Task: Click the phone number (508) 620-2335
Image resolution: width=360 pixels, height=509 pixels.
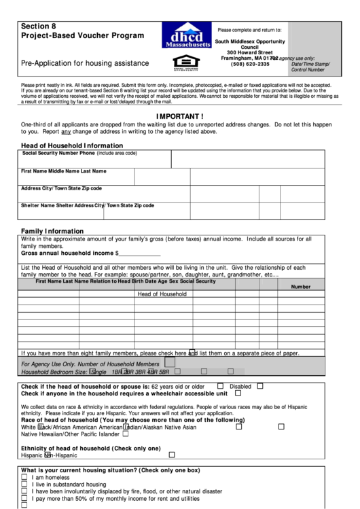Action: [x=250, y=64]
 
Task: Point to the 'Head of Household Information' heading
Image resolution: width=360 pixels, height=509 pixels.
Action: [x=71, y=145]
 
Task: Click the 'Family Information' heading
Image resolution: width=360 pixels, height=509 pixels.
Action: [x=52, y=230]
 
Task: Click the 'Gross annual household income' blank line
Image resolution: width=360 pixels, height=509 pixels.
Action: [x=140, y=253]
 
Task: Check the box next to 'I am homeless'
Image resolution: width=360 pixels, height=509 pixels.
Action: [x=24, y=478]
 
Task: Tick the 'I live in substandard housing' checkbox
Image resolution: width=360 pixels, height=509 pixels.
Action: [x=24, y=485]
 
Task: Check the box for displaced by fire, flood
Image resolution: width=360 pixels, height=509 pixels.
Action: [x=24, y=491]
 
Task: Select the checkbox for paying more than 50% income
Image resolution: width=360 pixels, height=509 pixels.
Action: [x=24, y=498]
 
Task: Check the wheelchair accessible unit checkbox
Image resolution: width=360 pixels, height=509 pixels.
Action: [x=238, y=393]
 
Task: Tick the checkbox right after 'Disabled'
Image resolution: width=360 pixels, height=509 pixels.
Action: [x=260, y=385]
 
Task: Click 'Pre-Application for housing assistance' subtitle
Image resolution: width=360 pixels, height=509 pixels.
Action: [x=85, y=63]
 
